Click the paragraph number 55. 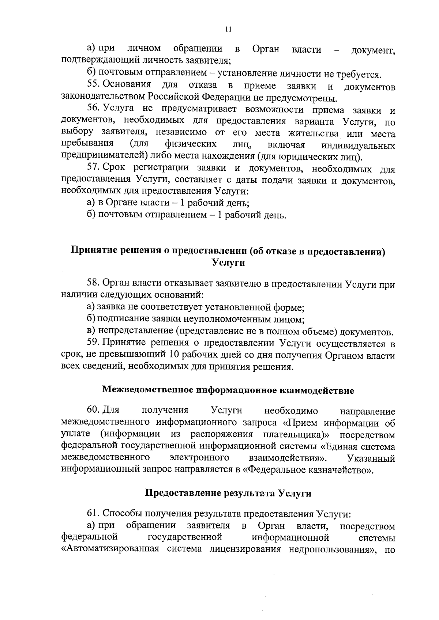pyautogui.click(x=94, y=84)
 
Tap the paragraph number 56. pyautogui.click(x=94, y=109)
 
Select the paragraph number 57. pyautogui.click(x=94, y=168)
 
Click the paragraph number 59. pyautogui.click(x=94, y=343)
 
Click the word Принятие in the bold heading pyautogui.click(x=95, y=251)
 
